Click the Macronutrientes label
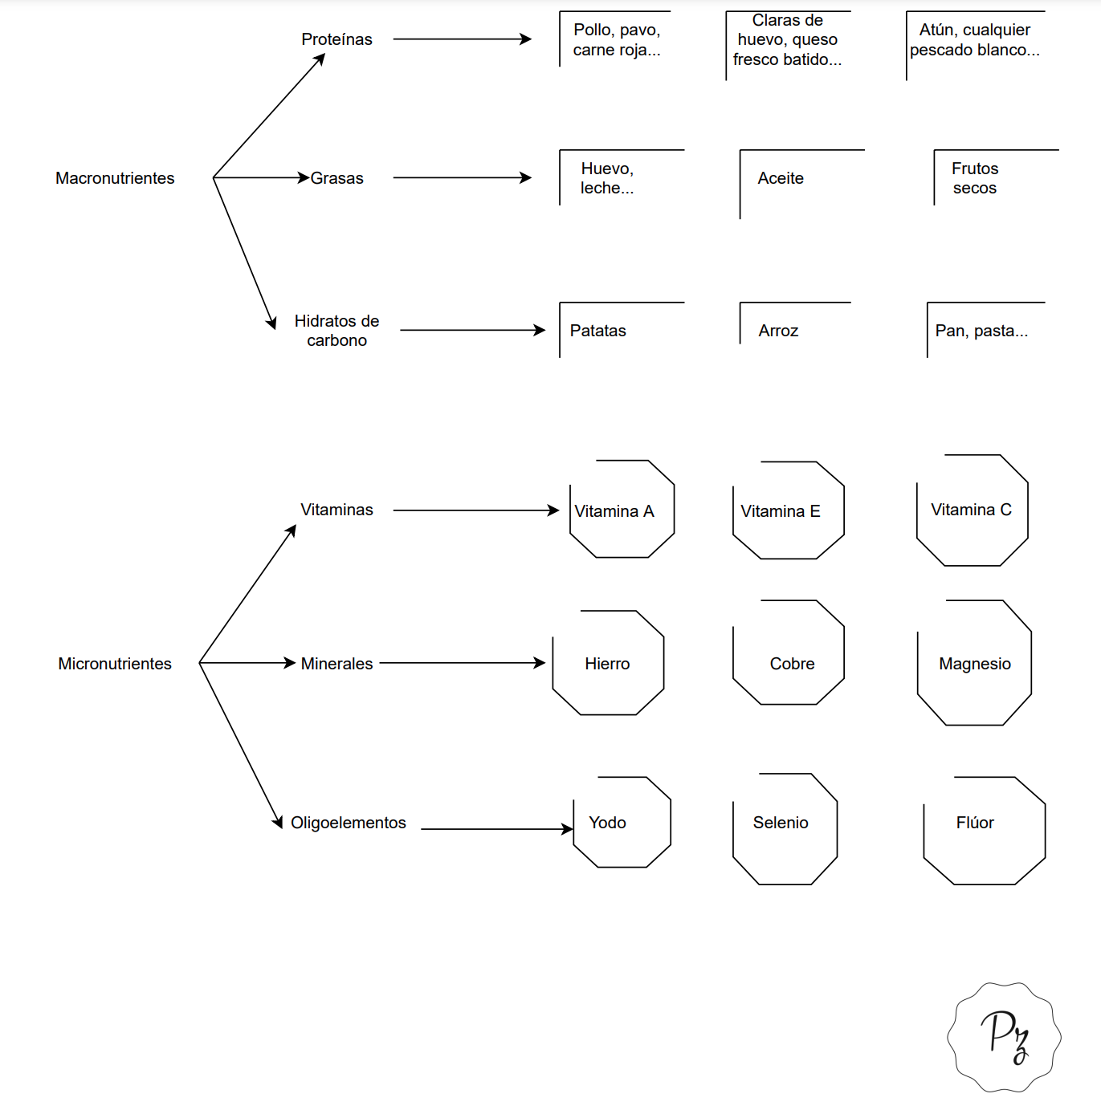115,178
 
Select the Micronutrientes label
115,664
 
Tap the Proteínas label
336,39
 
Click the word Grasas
336,178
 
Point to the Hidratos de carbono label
336,331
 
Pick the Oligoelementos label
349,823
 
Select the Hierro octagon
663,662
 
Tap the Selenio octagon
837,828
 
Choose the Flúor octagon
1045,830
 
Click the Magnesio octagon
1030,662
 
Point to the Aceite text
781,178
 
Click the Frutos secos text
975,178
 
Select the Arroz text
778,331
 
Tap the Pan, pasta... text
981,331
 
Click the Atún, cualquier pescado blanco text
975,40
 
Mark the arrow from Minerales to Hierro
463,663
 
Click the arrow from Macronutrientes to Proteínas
269,116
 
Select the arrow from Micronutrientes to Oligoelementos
240,746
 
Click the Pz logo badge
1004,1037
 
